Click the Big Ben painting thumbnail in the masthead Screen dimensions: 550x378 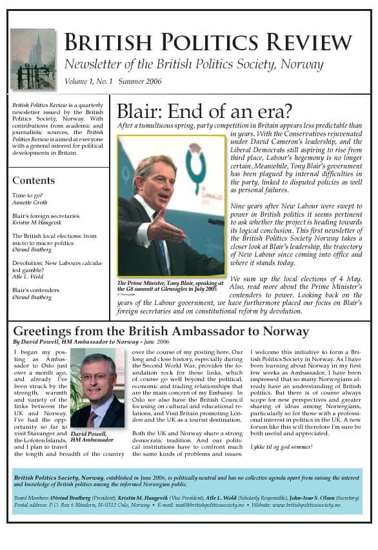(x=33, y=59)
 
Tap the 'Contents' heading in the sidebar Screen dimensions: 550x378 (x=34, y=181)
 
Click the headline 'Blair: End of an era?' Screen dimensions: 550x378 (x=204, y=111)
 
